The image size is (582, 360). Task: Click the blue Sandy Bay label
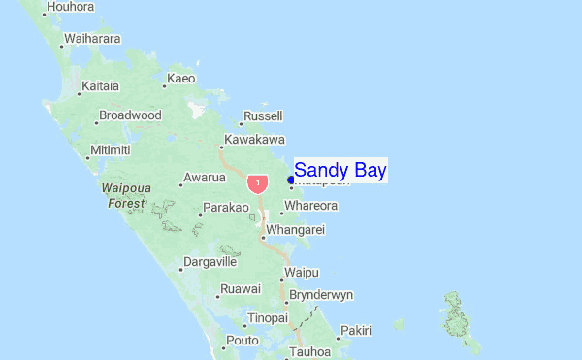tap(339, 170)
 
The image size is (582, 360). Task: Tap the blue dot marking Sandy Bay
tap(291, 179)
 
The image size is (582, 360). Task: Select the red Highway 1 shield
tap(257, 182)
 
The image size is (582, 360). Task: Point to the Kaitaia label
tap(100, 86)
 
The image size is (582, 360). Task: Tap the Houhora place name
tap(70, 7)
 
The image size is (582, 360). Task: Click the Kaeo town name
tap(181, 79)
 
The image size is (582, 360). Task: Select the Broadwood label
tap(130, 115)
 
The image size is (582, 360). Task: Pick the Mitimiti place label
tap(110, 150)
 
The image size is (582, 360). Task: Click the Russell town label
tap(263, 116)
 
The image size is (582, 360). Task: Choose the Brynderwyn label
tap(322, 295)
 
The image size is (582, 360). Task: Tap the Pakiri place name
tap(356, 331)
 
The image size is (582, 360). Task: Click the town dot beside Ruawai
tap(213, 290)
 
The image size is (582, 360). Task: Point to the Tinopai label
tap(268, 318)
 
